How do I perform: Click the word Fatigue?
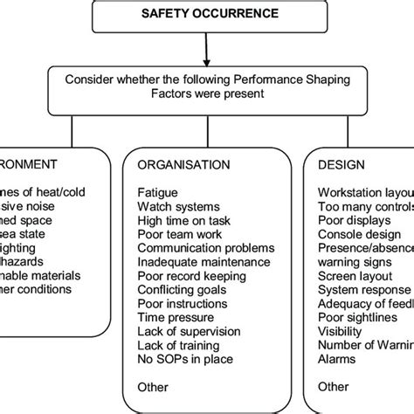click(x=156, y=191)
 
